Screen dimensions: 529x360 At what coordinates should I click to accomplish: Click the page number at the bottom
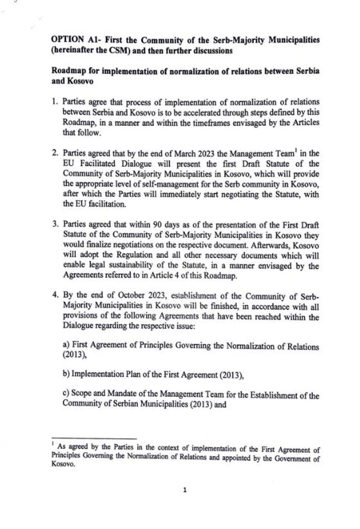185,490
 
